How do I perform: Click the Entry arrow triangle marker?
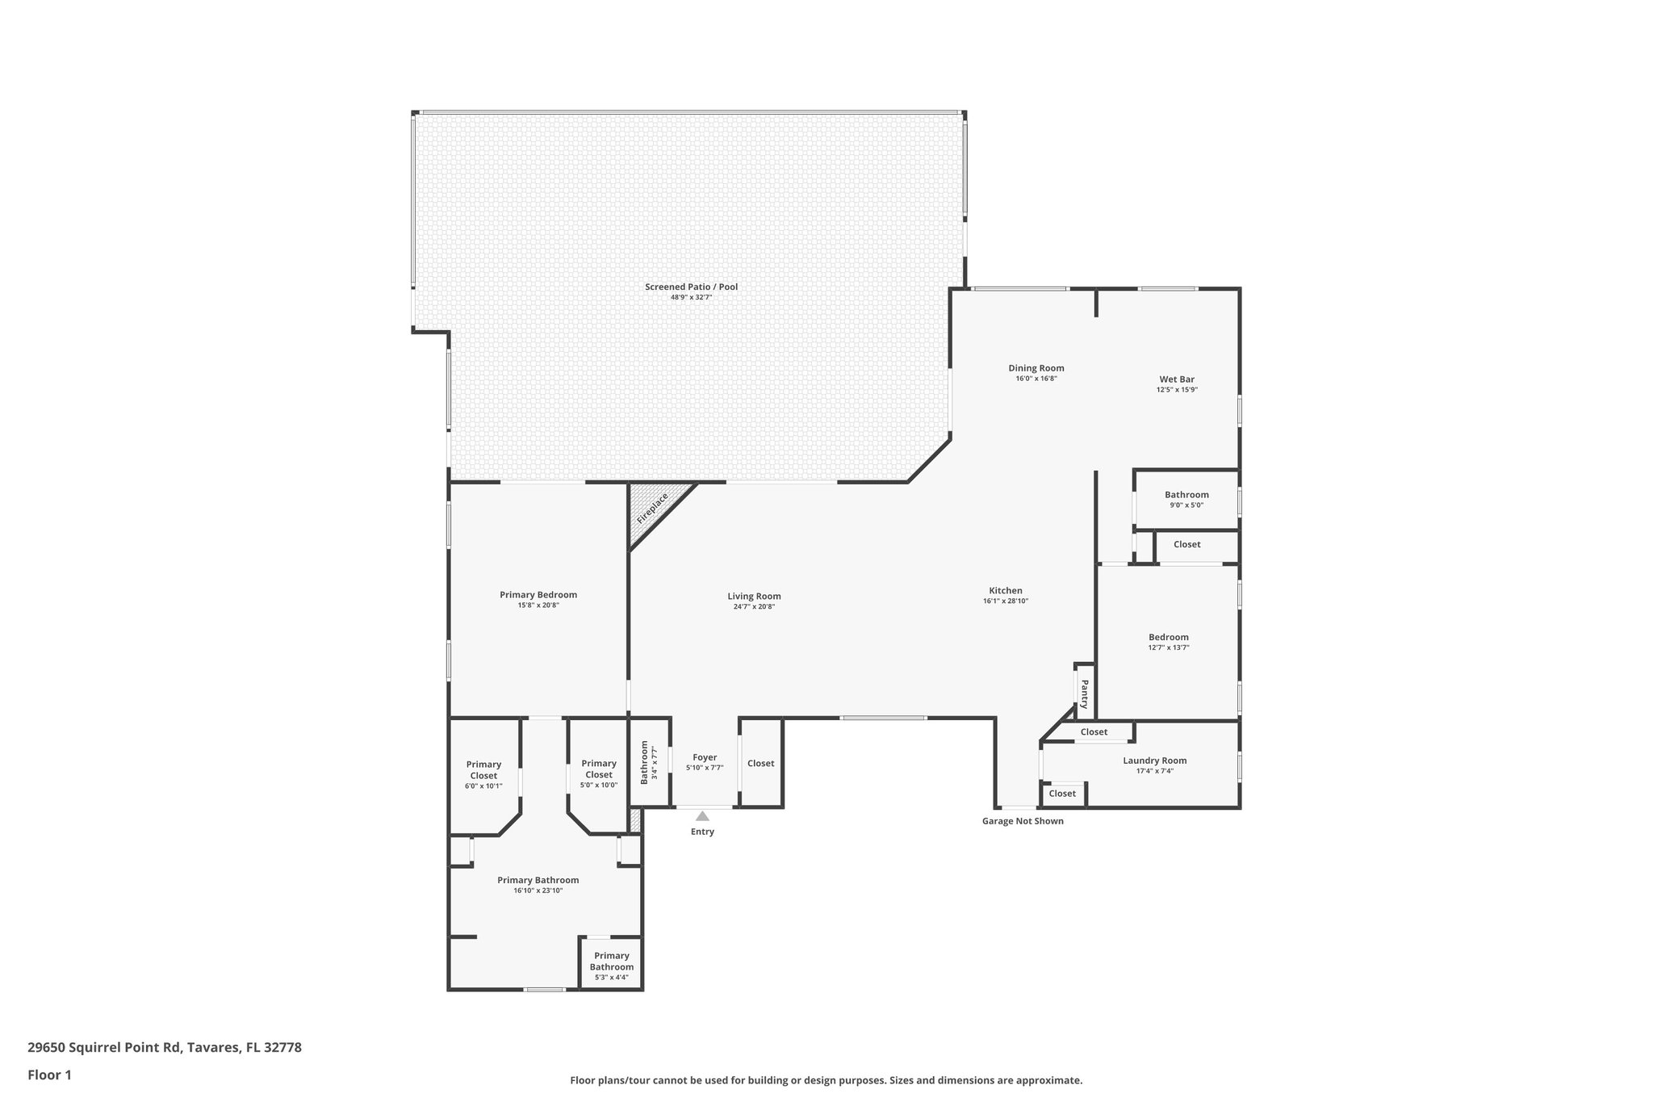tap(702, 816)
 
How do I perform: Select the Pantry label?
tap(1084, 693)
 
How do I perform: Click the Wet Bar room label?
tap(1176, 379)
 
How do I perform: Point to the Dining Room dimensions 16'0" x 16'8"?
tap(1036, 379)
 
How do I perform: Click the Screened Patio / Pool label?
tap(691, 287)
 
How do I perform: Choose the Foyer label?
tap(705, 757)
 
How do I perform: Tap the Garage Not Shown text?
tap(1022, 821)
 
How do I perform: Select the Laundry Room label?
tap(1154, 761)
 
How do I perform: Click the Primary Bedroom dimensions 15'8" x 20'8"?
tap(538, 605)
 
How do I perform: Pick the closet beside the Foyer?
tap(760, 764)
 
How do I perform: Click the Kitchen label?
tap(1005, 591)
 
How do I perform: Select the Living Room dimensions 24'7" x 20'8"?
tap(754, 606)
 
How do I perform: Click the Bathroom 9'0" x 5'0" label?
tap(1186, 495)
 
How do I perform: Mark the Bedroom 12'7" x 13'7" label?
tap(1168, 637)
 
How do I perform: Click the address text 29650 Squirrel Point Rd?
tap(165, 1048)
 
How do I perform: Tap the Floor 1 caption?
tap(49, 1075)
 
